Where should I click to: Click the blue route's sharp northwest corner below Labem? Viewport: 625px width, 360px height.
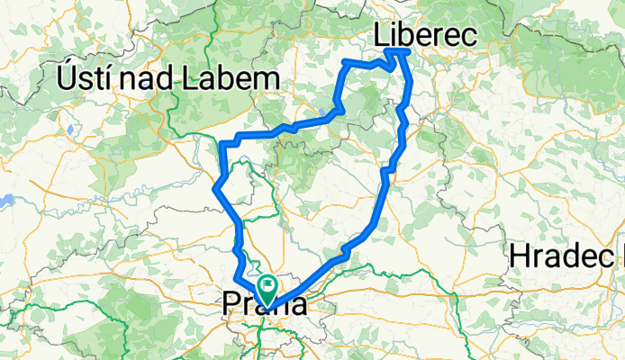222,142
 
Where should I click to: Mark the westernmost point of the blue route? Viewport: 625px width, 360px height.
214,187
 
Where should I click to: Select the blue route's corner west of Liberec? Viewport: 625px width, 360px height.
346,62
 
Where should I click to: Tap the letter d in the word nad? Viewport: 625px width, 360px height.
159,79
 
